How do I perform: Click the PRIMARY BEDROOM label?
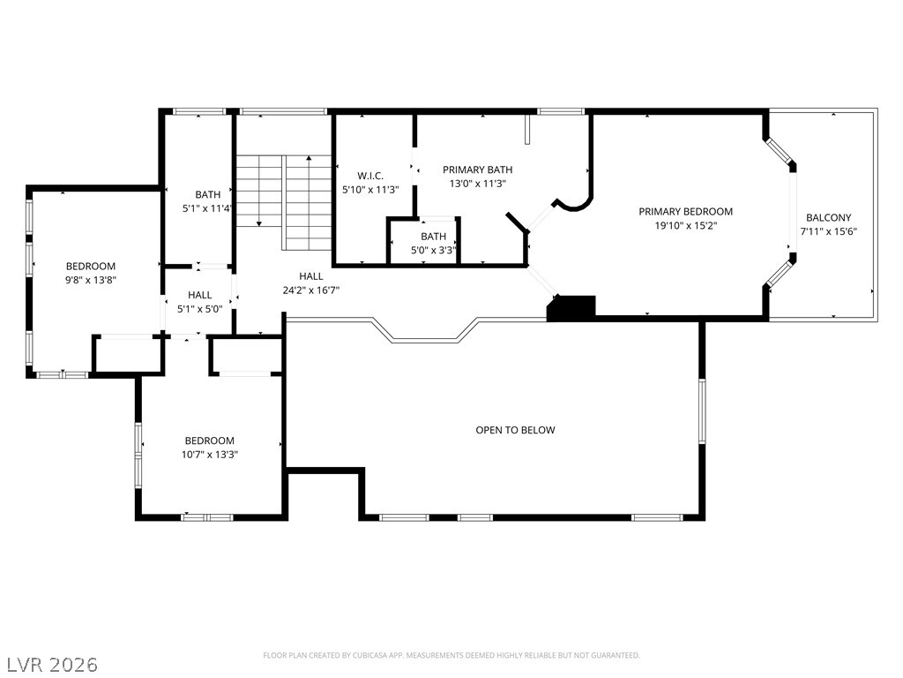[x=685, y=212]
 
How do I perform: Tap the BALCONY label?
[x=828, y=218]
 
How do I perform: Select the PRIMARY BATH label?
[x=477, y=169]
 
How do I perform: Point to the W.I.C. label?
[x=370, y=176]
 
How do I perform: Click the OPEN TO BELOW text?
[x=515, y=430]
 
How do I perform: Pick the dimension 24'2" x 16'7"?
[x=310, y=290]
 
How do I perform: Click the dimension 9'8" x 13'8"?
[x=91, y=279]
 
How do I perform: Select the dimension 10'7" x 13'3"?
[x=210, y=454]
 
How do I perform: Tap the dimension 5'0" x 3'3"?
[x=433, y=250]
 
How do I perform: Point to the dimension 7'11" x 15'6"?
[x=828, y=231]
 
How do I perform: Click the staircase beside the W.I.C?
[x=282, y=200]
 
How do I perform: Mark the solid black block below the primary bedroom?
[x=572, y=307]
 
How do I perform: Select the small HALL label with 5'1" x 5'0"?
[x=199, y=295]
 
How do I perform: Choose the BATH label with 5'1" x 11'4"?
[x=208, y=194]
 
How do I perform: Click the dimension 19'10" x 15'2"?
[x=685, y=225]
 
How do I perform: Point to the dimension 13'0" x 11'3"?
[x=477, y=184]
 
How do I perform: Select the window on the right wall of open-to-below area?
[x=702, y=410]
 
